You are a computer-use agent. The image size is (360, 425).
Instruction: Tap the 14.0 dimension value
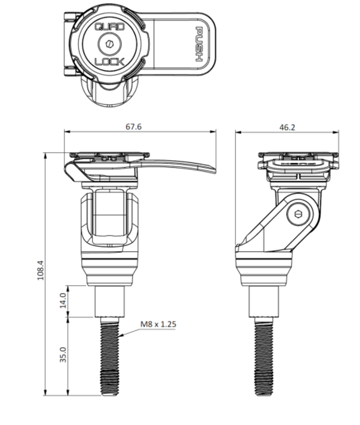(x=62, y=301)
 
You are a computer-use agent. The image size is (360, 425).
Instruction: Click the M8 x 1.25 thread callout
(x=158, y=323)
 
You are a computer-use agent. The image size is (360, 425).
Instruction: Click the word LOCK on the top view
(x=109, y=62)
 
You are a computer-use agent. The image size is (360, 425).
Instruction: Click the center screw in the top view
(x=109, y=45)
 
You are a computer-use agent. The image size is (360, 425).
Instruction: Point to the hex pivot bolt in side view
(x=298, y=216)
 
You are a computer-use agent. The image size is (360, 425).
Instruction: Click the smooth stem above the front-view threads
(x=111, y=301)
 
